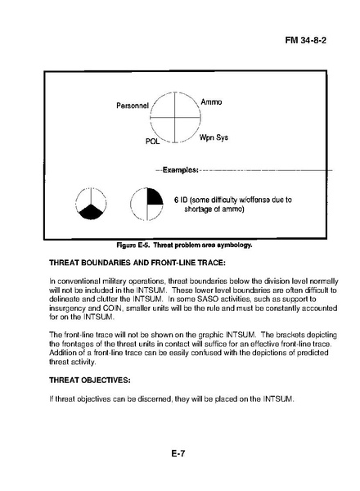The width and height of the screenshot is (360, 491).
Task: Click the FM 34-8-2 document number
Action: [305, 40]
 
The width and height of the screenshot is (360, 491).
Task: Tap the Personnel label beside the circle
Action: [133, 106]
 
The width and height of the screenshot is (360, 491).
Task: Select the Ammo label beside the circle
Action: [211, 101]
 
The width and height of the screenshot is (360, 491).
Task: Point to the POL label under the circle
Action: [152, 142]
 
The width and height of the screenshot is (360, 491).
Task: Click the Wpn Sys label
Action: [214, 137]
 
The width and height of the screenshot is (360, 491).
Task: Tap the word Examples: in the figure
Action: [180, 169]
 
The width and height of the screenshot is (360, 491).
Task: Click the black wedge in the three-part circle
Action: [91, 212]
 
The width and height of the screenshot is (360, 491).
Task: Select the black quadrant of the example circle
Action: [155, 196]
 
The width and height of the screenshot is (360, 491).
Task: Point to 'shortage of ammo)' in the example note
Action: [214, 209]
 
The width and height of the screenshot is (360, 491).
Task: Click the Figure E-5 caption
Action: [184, 245]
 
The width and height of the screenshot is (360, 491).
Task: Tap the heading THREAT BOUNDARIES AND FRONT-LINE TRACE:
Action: [137, 263]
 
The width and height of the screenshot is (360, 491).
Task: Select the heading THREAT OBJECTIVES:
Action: [90, 381]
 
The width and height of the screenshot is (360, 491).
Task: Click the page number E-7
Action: [178, 453]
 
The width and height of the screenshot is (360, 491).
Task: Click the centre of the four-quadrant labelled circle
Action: [174, 117]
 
